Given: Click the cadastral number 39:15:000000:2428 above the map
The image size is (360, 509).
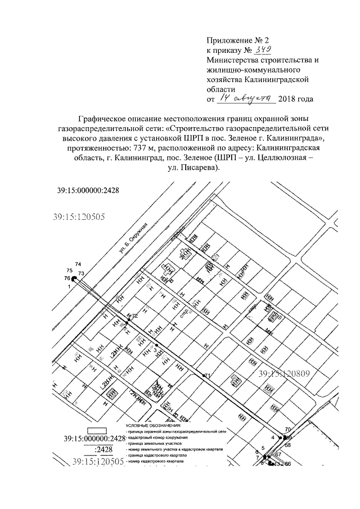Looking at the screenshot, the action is [88, 191].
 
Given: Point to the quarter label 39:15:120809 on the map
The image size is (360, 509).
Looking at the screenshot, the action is [285, 373].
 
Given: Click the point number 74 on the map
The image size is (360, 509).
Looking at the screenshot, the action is [78, 264].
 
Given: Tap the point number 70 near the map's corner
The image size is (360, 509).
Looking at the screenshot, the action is [288, 430].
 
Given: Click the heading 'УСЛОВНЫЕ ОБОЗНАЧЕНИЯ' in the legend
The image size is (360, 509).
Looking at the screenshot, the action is [151, 427].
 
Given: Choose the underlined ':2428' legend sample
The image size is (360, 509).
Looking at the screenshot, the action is [104, 449].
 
